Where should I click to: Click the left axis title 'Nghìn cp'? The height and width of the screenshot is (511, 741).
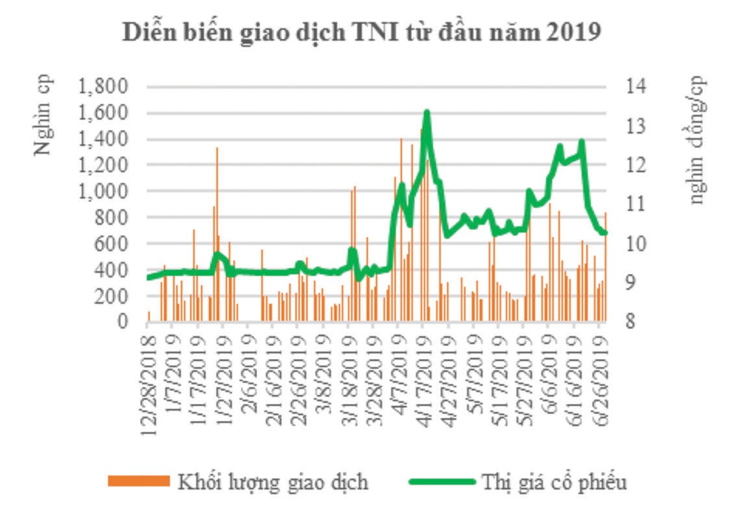[42, 115]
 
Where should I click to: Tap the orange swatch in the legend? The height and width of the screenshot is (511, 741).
[136, 482]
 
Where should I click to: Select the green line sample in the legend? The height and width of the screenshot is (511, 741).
[441, 482]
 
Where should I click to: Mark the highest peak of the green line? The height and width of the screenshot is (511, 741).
[427, 112]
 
